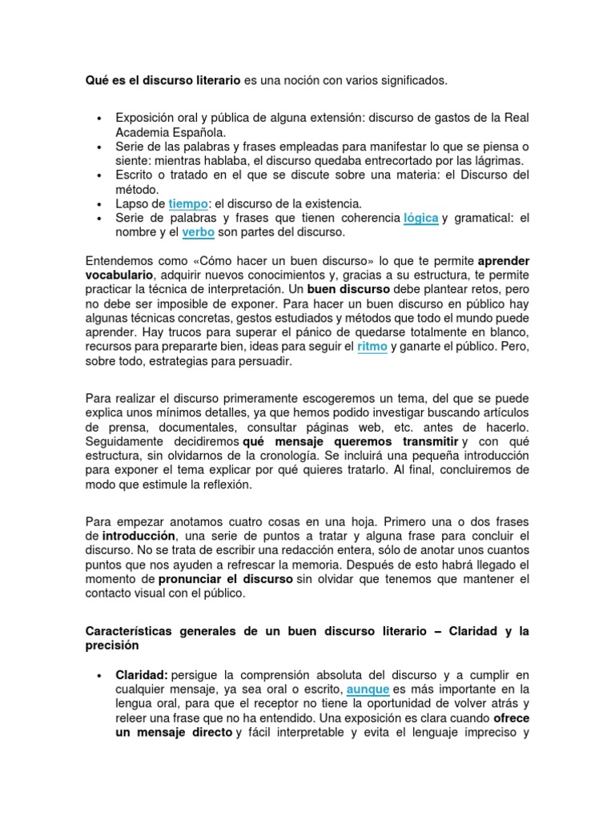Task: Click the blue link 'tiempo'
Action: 188,204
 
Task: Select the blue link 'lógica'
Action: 420,218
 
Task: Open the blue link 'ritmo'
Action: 372,346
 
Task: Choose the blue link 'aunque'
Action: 368,689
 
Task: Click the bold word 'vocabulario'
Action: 120,275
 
